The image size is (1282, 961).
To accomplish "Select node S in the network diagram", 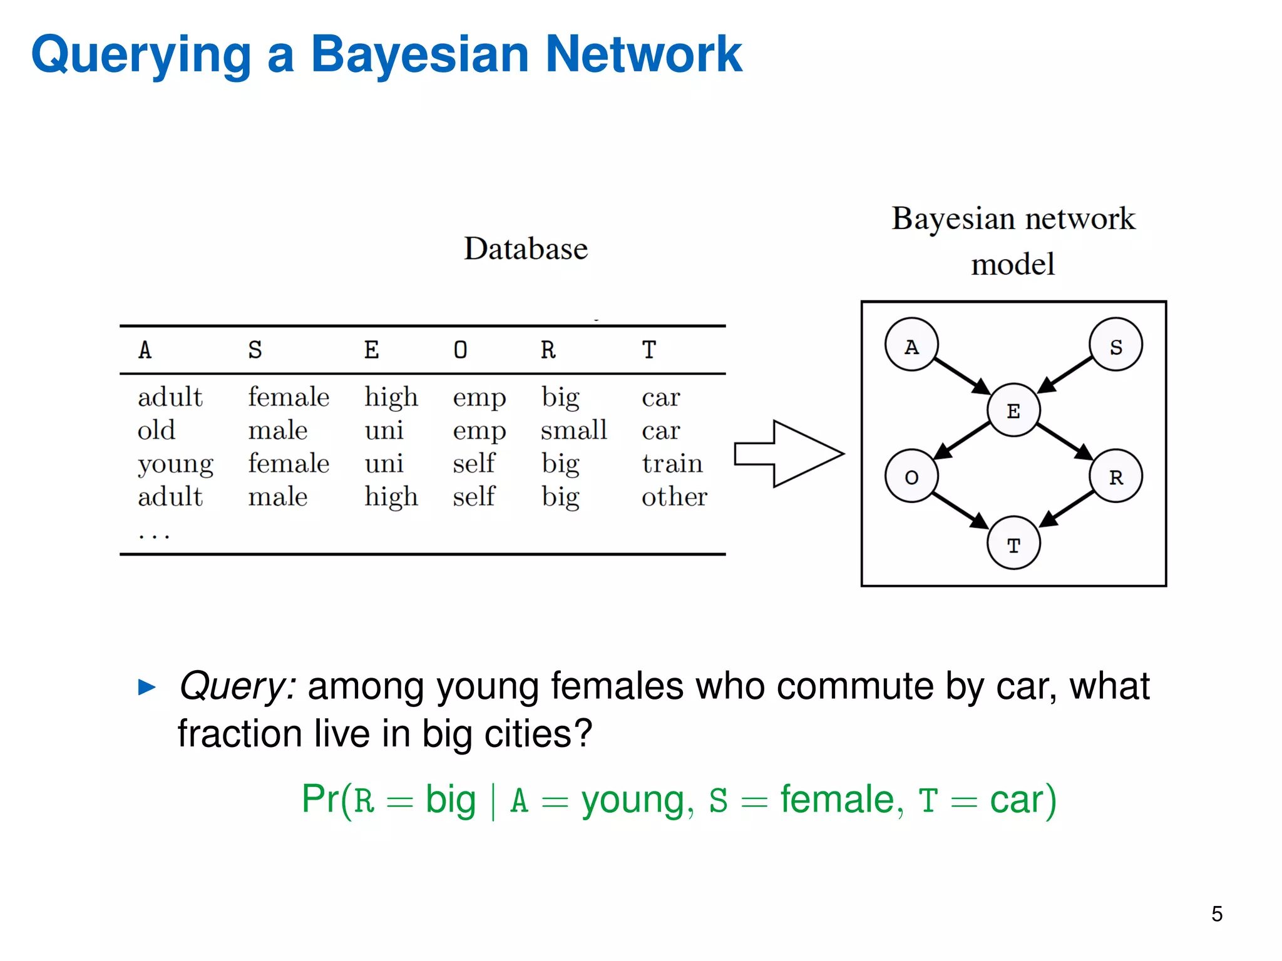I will point(1115,345).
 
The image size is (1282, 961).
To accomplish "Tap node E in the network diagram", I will point(1013,410).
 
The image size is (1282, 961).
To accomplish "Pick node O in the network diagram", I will point(911,476).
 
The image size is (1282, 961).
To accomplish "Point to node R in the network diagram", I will point(1115,476).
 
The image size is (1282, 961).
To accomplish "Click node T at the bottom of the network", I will point(1013,543).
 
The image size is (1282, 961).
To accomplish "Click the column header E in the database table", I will point(371,350).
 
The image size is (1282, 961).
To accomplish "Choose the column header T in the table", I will point(649,350).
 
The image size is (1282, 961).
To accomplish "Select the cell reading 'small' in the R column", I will point(573,430).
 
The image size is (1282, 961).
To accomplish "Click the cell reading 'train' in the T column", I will point(672,464).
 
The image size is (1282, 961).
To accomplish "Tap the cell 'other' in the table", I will point(674,497).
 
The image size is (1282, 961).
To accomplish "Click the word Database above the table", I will point(526,248).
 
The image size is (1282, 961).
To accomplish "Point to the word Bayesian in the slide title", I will point(420,54).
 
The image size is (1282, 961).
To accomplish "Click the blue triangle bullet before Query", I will point(147,687).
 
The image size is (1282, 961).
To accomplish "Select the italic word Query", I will point(237,686).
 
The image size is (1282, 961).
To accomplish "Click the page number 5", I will point(1216,914).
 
